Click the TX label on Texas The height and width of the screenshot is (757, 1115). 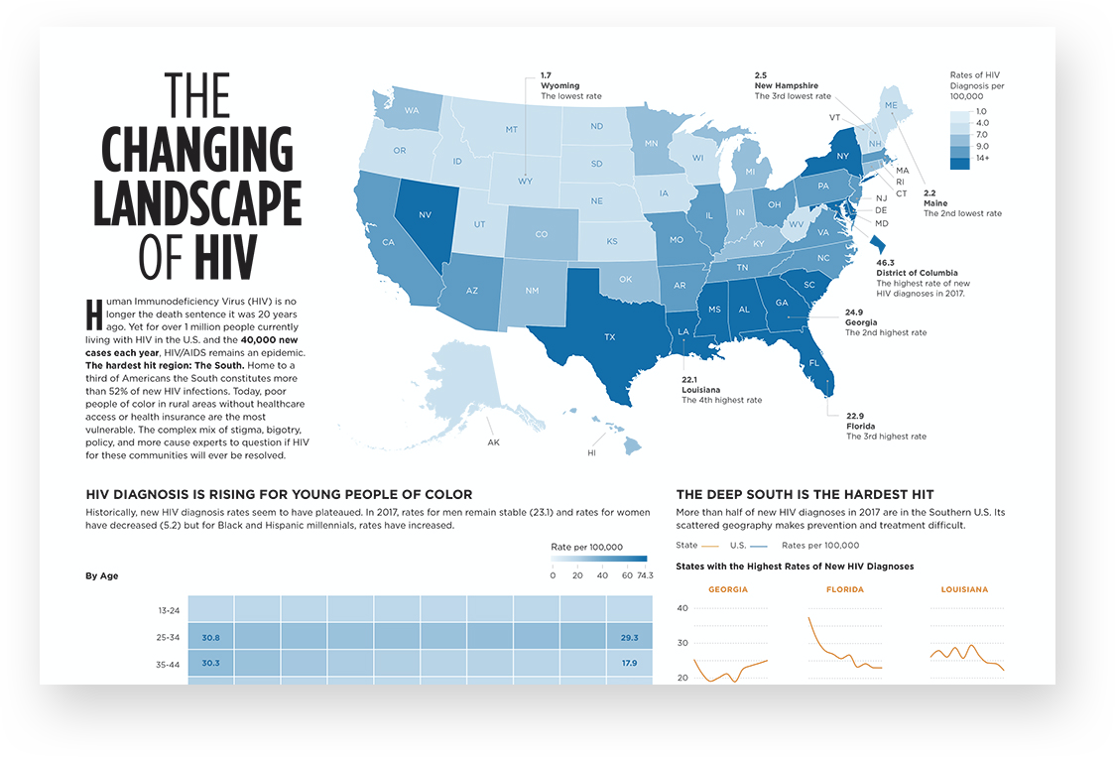(x=609, y=336)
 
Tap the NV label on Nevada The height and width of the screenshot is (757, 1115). (x=426, y=215)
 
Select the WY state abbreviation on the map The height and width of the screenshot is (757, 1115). (x=525, y=182)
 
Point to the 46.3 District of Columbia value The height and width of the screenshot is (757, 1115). (x=885, y=263)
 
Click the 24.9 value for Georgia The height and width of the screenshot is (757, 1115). (x=854, y=313)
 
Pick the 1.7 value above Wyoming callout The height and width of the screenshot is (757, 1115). (x=547, y=75)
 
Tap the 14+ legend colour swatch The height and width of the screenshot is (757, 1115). (x=959, y=163)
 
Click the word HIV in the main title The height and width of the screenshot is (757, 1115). (x=225, y=257)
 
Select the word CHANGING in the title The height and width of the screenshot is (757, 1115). (x=197, y=150)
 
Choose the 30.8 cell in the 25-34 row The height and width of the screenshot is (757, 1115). (x=210, y=638)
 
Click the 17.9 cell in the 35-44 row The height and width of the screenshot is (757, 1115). (x=629, y=663)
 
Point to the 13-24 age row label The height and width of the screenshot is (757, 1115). (x=169, y=610)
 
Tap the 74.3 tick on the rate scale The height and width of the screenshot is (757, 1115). (x=645, y=575)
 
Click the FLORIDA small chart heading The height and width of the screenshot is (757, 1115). (x=845, y=589)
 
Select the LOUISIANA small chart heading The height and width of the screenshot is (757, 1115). (x=964, y=589)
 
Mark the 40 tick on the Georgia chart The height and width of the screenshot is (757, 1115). (x=682, y=608)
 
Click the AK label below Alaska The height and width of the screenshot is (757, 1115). (x=493, y=442)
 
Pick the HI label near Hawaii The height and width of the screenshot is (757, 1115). (x=591, y=453)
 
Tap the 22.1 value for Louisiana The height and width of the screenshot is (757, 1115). (x=689, y=380)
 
